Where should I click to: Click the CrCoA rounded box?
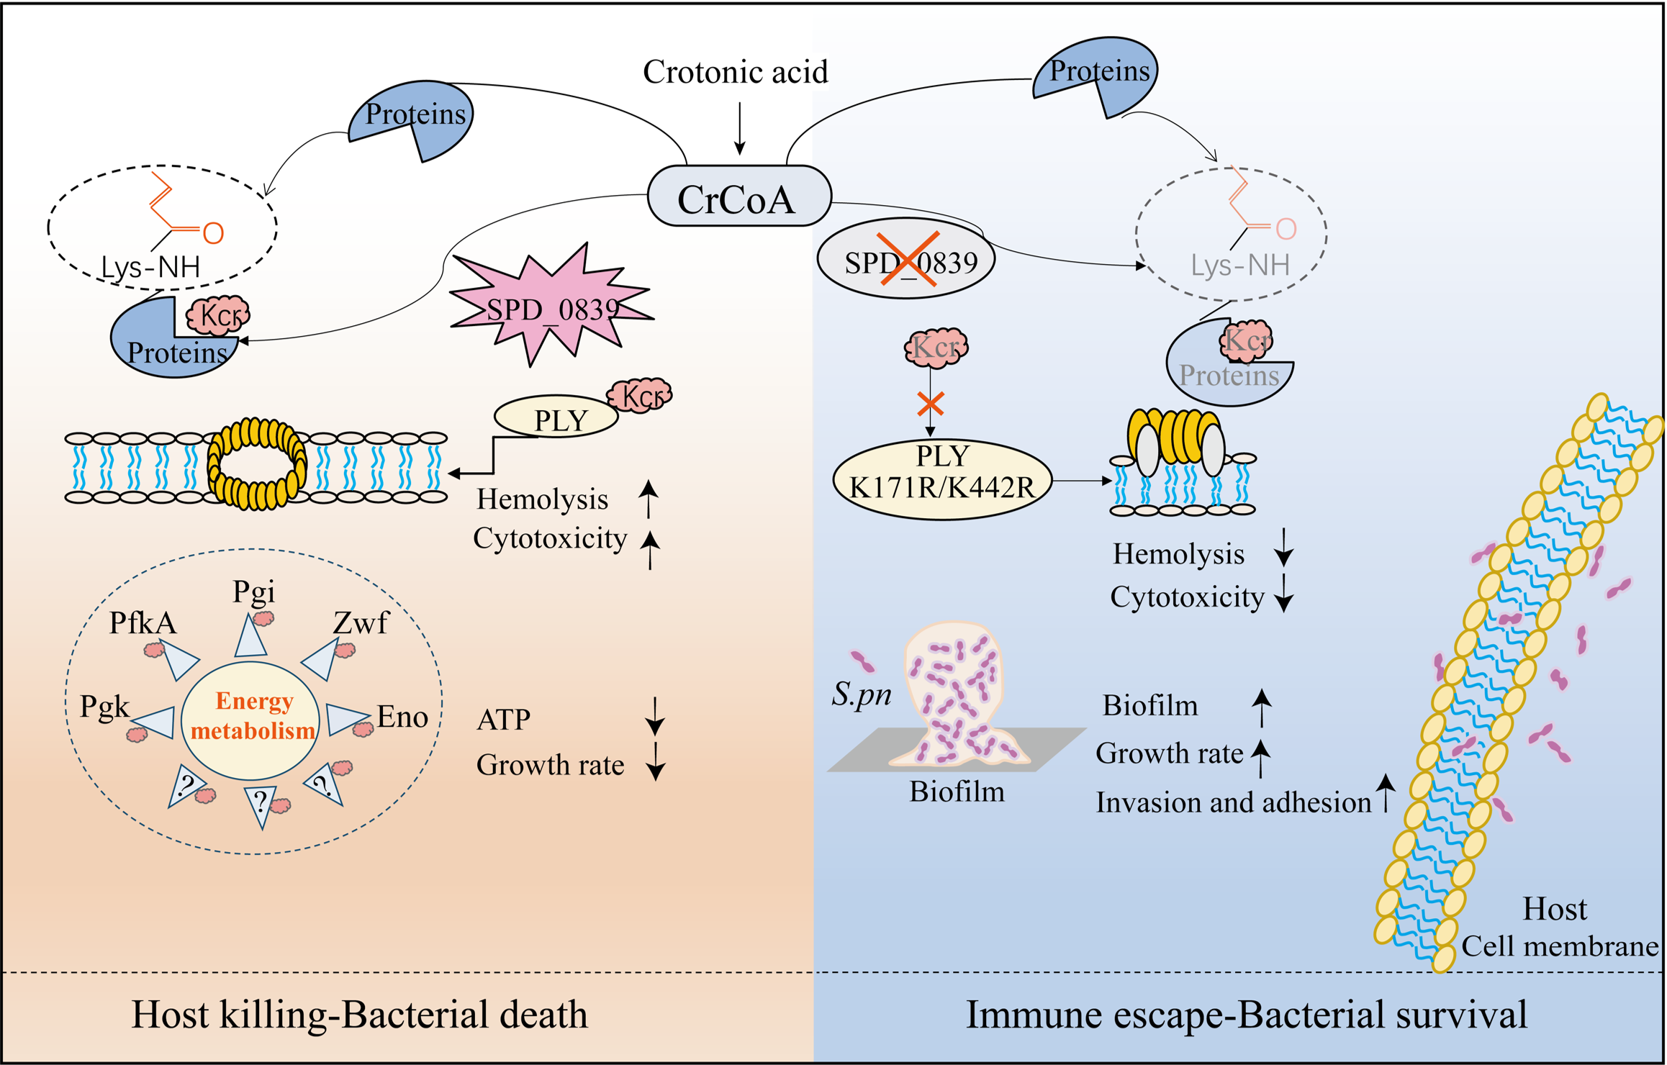[739, 196]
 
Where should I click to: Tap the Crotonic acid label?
[735, 72]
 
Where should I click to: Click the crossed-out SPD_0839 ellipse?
[906, 258]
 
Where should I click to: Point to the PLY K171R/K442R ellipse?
[942, 479]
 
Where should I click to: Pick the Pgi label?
[253, 592]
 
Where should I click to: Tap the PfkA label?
[143, 623]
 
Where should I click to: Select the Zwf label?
[361, 622]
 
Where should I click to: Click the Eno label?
[402, 717]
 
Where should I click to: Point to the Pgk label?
[104, 707]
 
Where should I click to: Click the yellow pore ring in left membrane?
[257, 464]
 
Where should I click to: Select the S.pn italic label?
[862, 694]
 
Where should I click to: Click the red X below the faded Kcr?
[931, 404]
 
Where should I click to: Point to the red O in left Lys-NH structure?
[213, 232]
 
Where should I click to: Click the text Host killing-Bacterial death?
[359, 1015]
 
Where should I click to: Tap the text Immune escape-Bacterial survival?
[1246, 1015]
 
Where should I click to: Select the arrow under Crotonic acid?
[739, 128]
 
